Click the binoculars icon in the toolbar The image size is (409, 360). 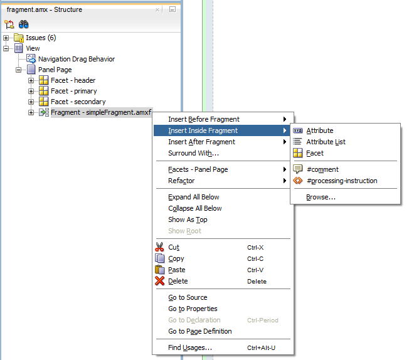point(23,24)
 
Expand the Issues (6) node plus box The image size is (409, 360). point(6,38)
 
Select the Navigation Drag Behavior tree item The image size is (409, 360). point(77,59)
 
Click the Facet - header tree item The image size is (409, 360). point(73,80)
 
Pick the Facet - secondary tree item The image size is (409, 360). point(78,102)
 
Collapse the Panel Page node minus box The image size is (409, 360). point(18,70)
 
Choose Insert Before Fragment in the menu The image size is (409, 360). point(204,120)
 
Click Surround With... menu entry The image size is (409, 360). point(194,153)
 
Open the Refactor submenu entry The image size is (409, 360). point(181,181)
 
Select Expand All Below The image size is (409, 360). point(194,197)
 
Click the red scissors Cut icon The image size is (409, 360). point(159,247)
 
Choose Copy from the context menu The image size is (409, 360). point(176,258)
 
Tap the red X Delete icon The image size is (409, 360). point(159,281)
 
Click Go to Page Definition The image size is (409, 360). point(200,331)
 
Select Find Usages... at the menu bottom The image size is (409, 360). point(190,347)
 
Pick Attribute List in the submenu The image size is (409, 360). point(326,142)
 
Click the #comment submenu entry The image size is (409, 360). point(322,169)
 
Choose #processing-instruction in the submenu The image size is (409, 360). point(342,181)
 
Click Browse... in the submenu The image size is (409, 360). point(321,197)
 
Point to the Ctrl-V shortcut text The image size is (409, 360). point(255,270)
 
